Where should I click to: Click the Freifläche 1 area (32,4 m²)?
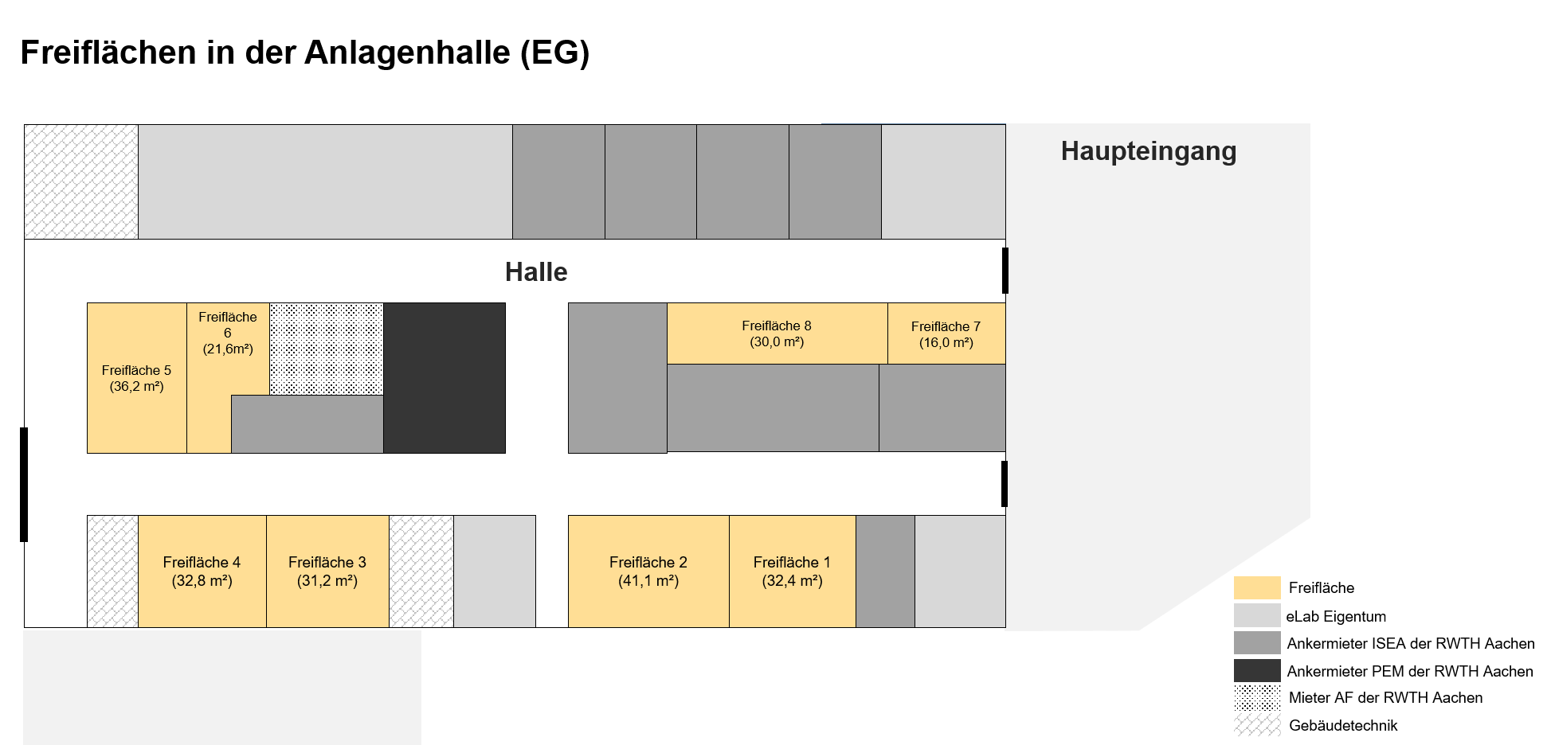click(x=793, y=571)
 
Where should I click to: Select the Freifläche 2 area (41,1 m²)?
click(x=648, y=571)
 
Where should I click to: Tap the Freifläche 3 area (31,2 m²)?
click(x=327, y=571)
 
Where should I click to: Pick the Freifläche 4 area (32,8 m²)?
click(x=202, y=571)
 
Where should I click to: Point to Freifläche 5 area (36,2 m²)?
click(x=137, y=378)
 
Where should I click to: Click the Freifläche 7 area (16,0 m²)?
click(x=946, y=333)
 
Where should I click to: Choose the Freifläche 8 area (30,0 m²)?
click(x=777, y=333)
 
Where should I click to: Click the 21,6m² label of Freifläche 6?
click(x=228, y=349)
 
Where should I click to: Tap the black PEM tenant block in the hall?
click(x=445, y=378)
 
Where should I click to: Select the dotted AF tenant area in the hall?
click(x=327, y=349)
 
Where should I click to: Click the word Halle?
click(x=536, y=272)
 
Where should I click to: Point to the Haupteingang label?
click(x=1149, y=151)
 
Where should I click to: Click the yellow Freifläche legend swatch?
click(x=1257, y=587)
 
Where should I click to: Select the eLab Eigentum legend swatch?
click(x=1257, y=615)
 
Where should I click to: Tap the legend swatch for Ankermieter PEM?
click(x=1257, y=670)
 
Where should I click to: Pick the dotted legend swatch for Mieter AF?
click(x=1257, y=697)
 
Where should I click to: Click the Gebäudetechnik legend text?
click(x=1343, y=725)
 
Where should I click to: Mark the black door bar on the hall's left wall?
click(x=24, y=485)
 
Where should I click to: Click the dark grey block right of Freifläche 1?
click(x=886, y=571)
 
